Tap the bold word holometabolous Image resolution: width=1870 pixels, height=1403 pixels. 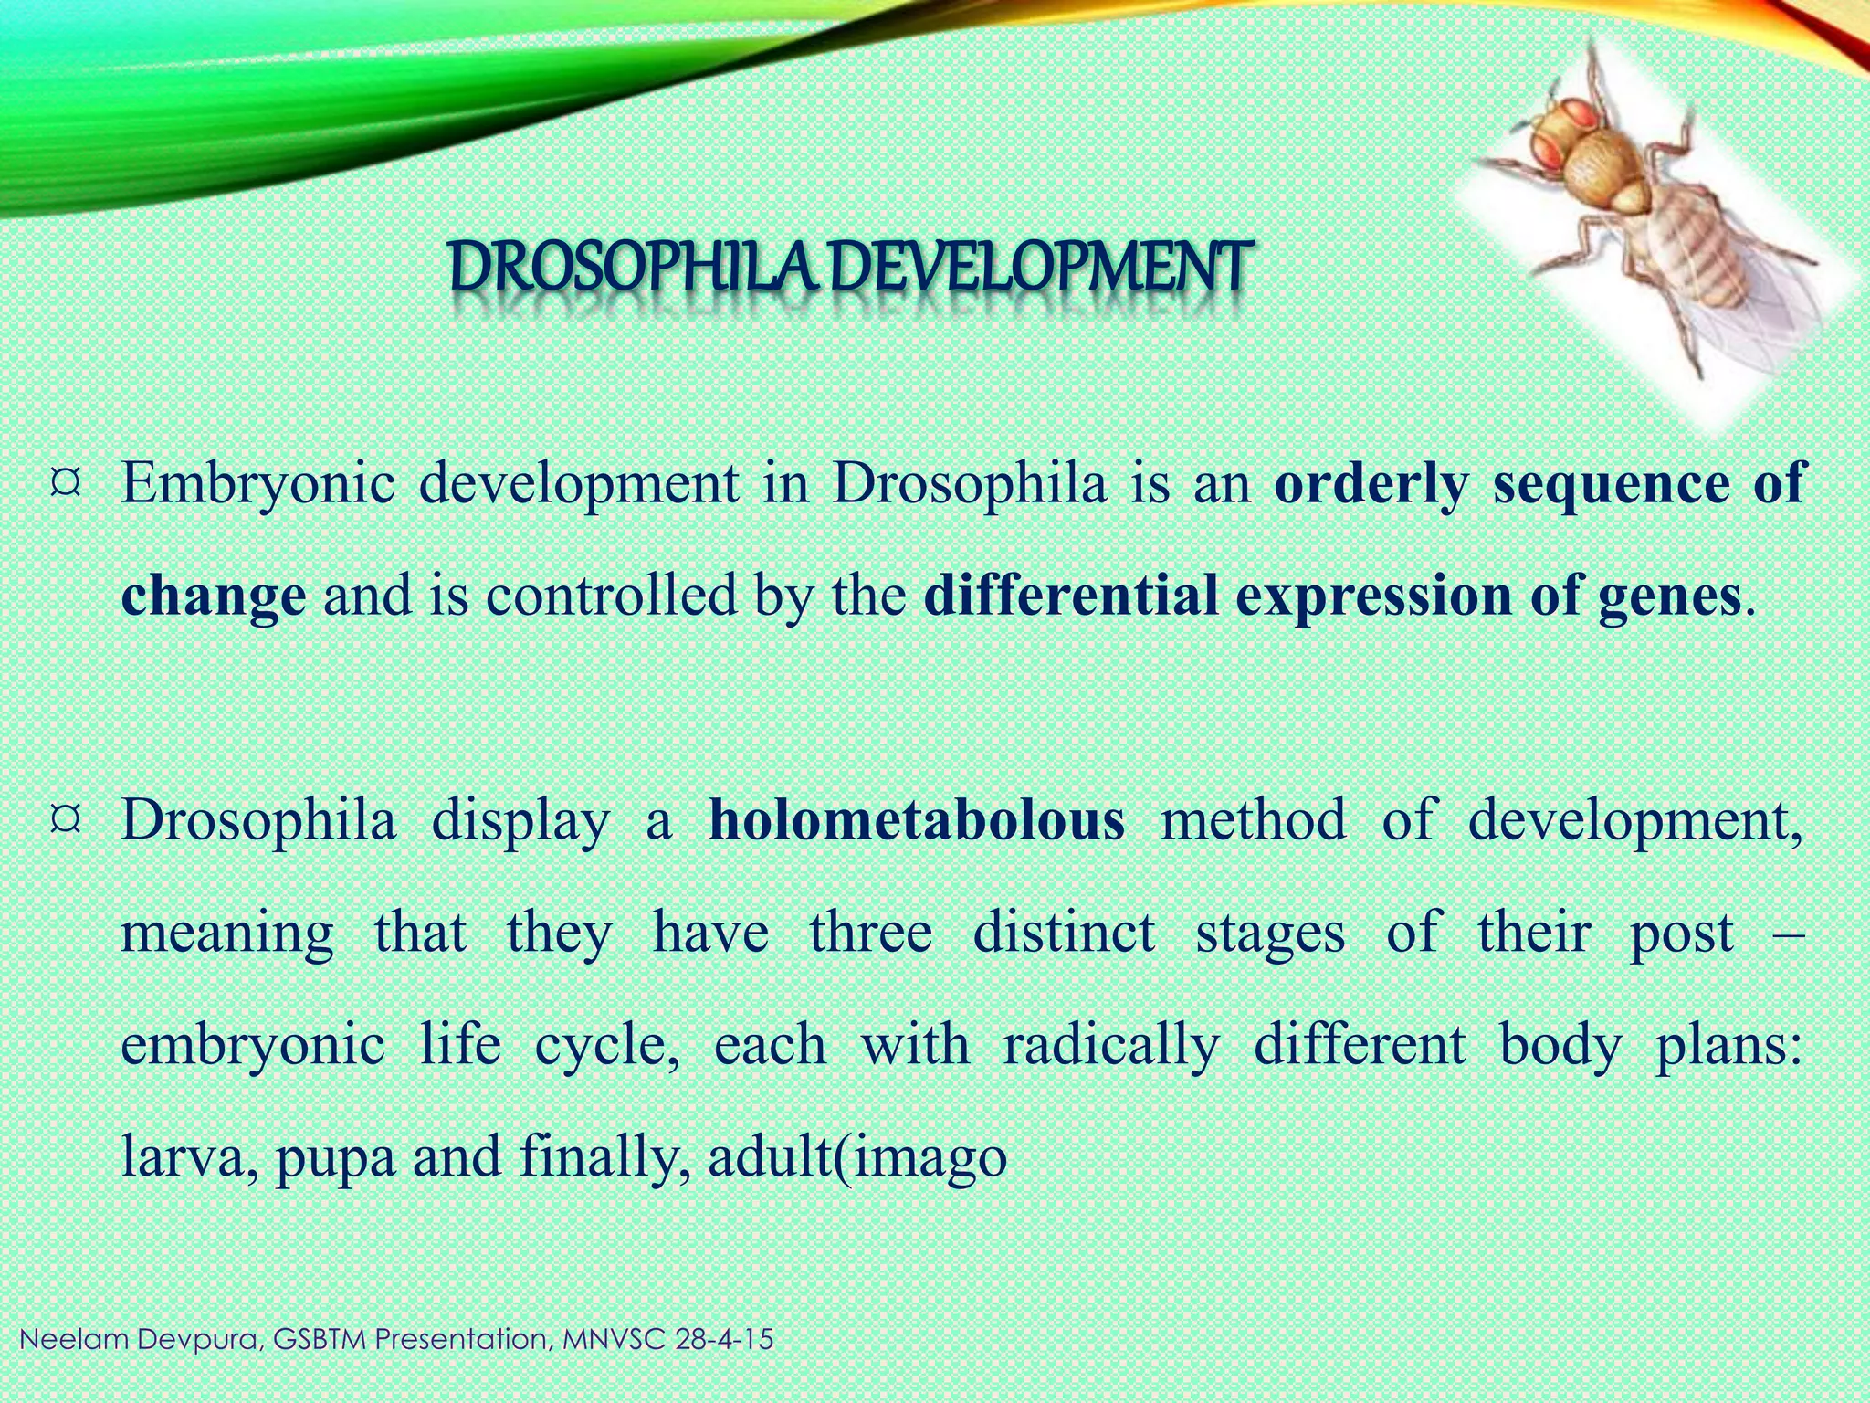(x=917, y=819)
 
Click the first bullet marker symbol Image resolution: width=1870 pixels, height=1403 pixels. (x=68, y=480)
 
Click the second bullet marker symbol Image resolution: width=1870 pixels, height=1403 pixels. (x=68, y=816)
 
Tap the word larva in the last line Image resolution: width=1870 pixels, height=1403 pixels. (x=185, y=1157)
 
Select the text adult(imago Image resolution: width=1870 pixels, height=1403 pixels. (x=856, y=1157)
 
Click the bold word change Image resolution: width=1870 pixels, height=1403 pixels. (x=213, y=596)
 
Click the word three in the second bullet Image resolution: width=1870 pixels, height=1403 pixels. (x=870, y=932)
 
